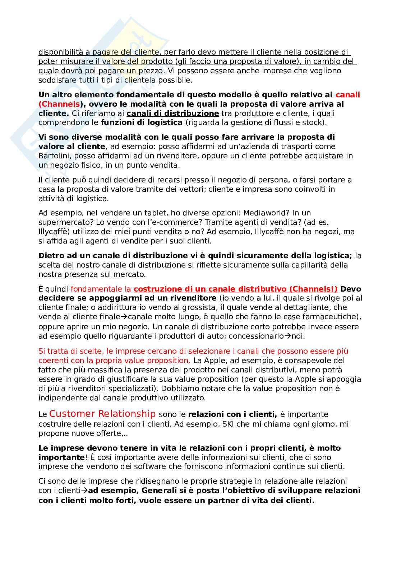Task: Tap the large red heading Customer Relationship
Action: click(102, 414)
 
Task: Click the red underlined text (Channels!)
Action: click(313, 289)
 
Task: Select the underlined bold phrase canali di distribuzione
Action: click(172, 113)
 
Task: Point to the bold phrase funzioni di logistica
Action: click(142, 122)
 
